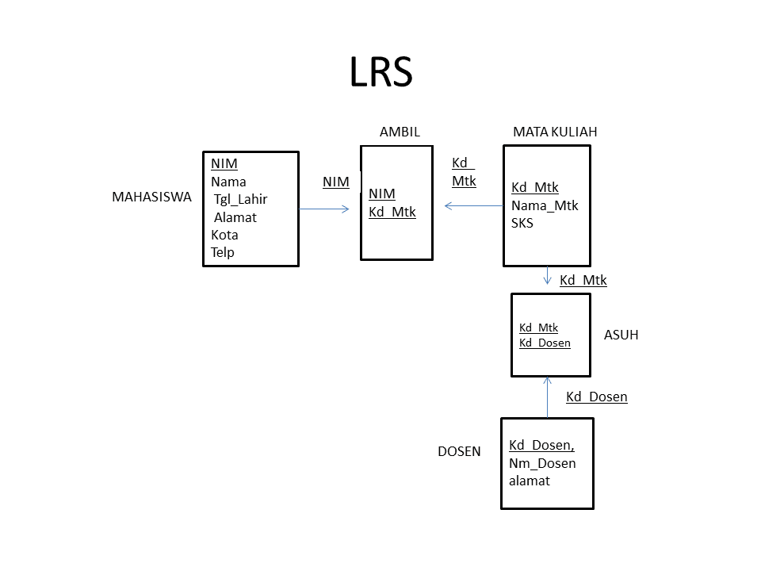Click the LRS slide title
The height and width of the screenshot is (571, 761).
pyautogui.click(x=380, y=71)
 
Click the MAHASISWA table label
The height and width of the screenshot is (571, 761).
pyautogui.click(x=151, y=197)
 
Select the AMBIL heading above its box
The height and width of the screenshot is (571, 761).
pyautogui.click(x=400, y=132)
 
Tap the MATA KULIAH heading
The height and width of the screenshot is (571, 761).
pyautogui.click(x=555, y=132)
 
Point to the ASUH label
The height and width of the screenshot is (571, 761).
pyautogui.click(x=621, y=335)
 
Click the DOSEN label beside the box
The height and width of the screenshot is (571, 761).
pyautogui.click(x=459, y=452)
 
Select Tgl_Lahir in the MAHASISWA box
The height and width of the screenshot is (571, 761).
pyautogui.click(x=240, y=199)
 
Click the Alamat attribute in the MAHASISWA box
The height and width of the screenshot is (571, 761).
pyautogui.click(x=235, y=217)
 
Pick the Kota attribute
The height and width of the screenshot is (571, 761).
pyautogui.click(x=224, y=235)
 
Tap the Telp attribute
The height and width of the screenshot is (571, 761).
pyautogui.click(x=223, y=252)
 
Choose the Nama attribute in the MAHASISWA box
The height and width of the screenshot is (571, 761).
pyautogui.click(x=228, y=182)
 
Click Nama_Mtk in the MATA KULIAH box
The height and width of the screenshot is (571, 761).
pyautogui.click(x=545, y=205)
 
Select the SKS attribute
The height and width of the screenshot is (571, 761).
pyautogui.click(x=522, y=223)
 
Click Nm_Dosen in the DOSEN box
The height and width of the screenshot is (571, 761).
pyautogui.click(x=542, y=463)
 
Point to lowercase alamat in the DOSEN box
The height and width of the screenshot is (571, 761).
pyautogui.click(x=530, y=481)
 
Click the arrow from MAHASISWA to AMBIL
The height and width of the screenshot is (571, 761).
pyautogui.click(x=324, y=209)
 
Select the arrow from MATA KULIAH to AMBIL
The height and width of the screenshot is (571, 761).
pyautogui.click(x=473, y=206)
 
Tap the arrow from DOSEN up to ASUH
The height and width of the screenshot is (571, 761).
pyautogui.click(x=548, y=397)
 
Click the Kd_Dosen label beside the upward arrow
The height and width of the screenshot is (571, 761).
pyautogui.click(x=596, y=397)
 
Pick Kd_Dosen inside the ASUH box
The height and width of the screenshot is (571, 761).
pyautogui.click(x=545, y=343)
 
